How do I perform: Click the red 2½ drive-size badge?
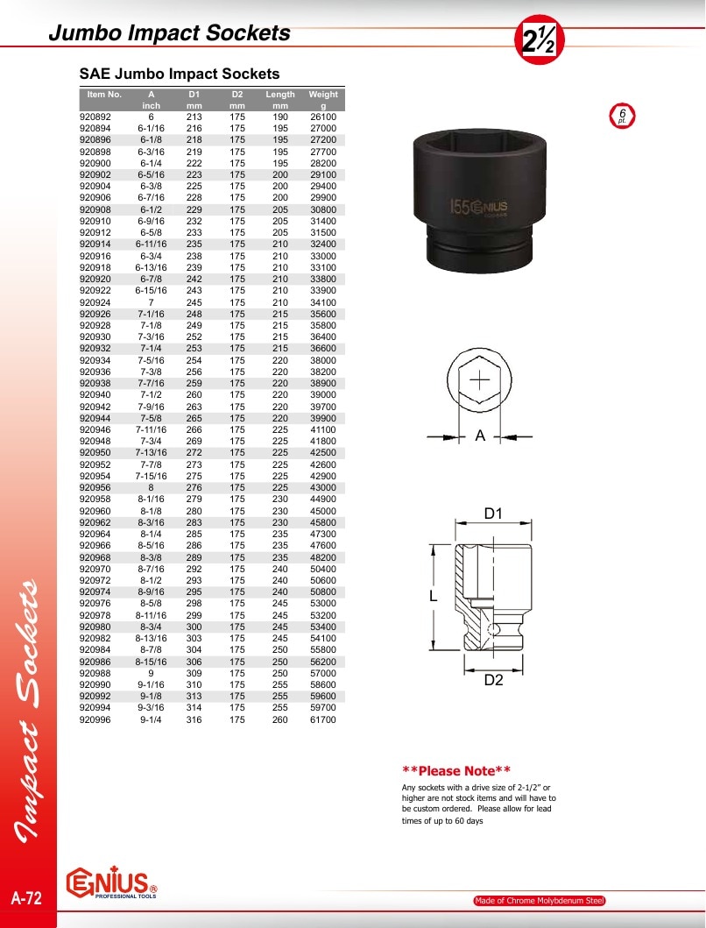click(539, 39)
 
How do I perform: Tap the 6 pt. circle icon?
click(622, 116)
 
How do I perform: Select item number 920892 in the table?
click(95, 117)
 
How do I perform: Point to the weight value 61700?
click(323, 719)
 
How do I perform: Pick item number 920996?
click(95, 719)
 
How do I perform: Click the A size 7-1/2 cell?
click(151, 394)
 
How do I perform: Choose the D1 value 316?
click(194, 719)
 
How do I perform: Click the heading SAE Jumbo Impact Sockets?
click(180, 74)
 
